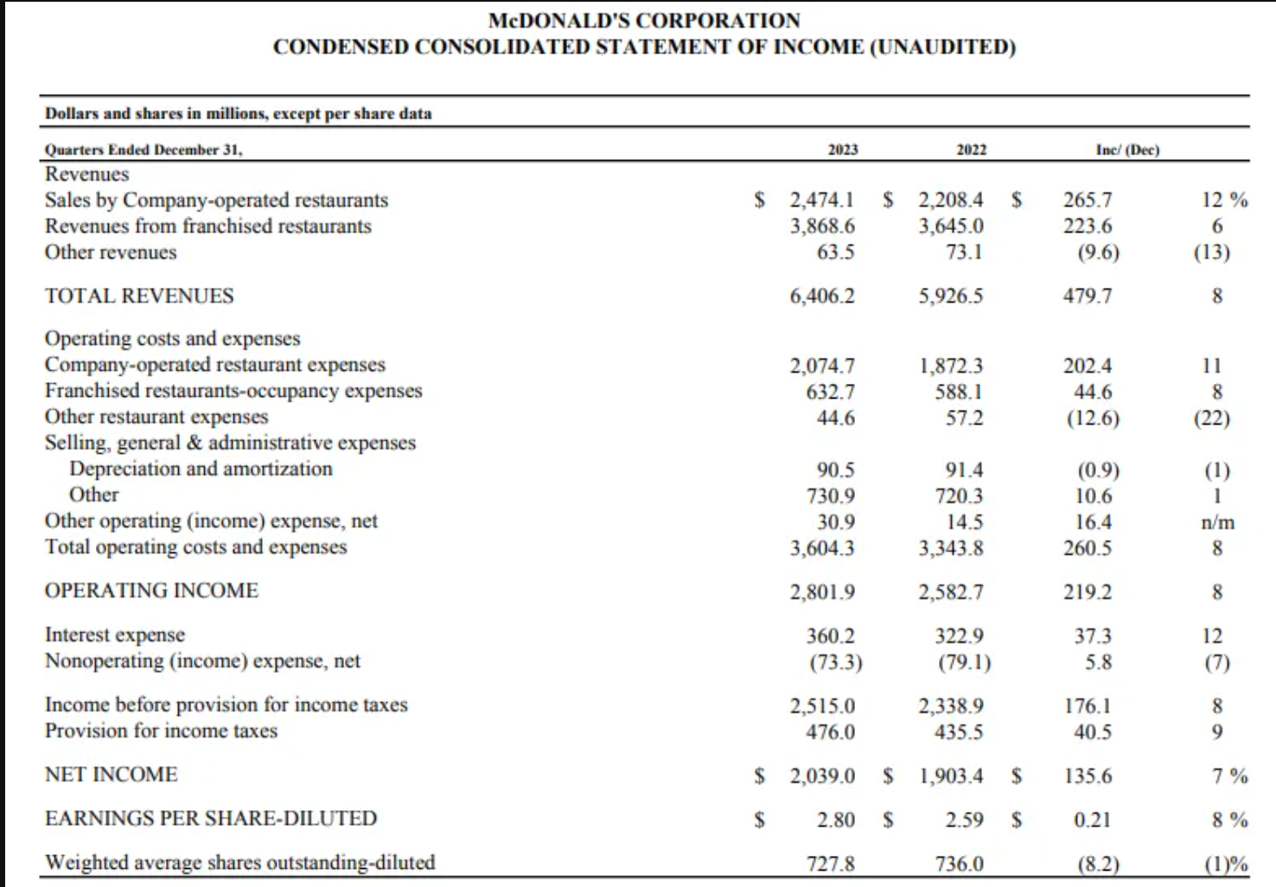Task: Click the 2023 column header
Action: click(843, 150)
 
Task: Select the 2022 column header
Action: click(971, 150)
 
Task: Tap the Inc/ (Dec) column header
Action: click(1128, 150)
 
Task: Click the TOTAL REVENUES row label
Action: click(139, 296)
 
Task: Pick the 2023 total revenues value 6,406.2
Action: click(822, 297)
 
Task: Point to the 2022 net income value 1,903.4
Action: click(951, 775)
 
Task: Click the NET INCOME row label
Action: click(112, 775)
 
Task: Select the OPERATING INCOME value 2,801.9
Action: click(822, 592)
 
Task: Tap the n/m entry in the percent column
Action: click(1218, 522)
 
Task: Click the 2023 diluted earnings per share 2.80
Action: click(836, 820)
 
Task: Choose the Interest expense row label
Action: click(115, 635)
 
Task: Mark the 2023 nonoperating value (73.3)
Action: click(836, 662)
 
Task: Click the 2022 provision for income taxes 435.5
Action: click(959, 731)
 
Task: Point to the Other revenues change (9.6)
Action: click(1098, 252)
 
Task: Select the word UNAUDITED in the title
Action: click(943, 47)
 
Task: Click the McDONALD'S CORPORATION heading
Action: click(644, 21)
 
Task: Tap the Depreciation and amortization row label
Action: click(201, 469)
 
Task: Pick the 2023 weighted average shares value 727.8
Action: click(831, 864)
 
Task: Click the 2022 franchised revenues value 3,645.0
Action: click(951, 227)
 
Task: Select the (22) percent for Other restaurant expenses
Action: click(1212, 418)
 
